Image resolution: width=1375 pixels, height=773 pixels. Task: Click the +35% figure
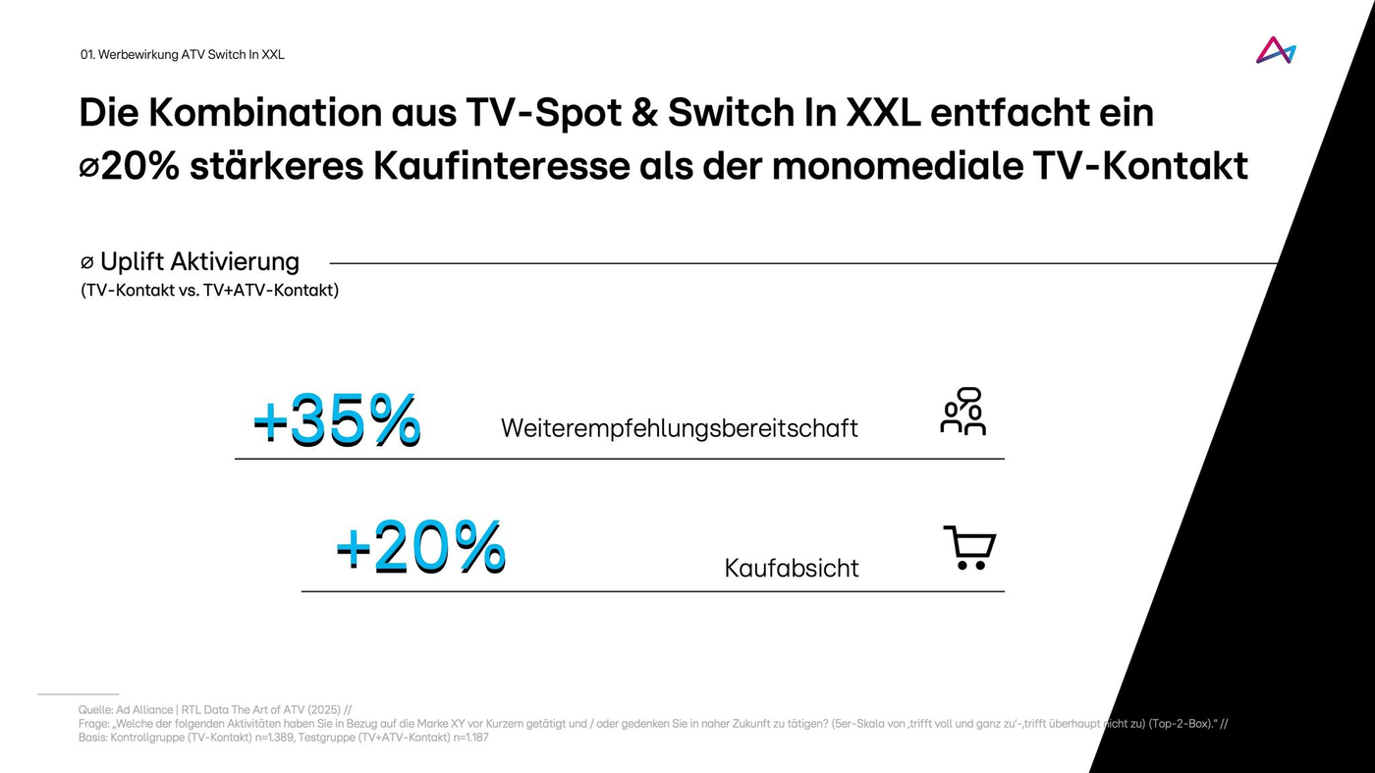pos(337,420)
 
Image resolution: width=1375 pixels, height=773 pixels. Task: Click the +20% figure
pos(420,546)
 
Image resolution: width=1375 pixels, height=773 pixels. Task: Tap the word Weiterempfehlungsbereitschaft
pos(679,428)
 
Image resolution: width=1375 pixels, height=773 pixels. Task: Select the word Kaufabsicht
pos(791,568)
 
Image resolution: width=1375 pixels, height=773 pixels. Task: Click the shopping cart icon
pos(969,548)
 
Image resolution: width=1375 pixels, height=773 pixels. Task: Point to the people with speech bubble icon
pos(962,412)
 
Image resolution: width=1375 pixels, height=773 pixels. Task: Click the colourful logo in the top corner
pos(1275,51)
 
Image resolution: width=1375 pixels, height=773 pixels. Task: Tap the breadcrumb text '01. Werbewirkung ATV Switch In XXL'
pos(182,55)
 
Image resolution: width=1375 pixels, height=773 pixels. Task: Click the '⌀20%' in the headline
pos(129,166)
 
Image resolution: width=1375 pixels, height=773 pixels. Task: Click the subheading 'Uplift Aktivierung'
pos(198,262)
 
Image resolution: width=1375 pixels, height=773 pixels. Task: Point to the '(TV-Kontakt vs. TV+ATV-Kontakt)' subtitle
pos(209,291)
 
